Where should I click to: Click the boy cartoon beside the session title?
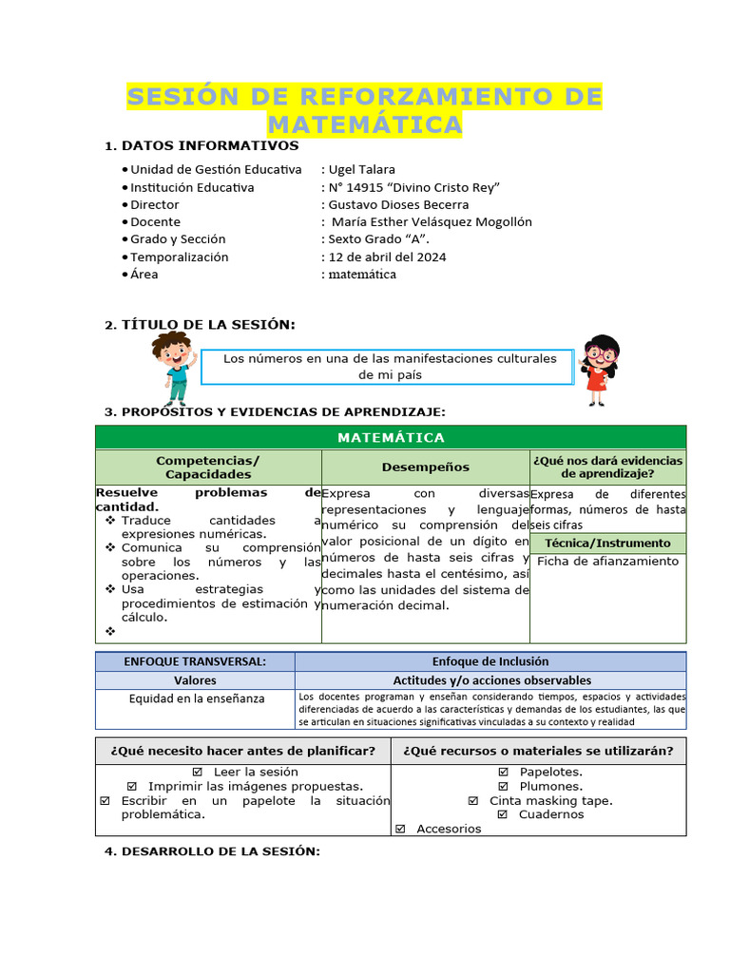(173, 368)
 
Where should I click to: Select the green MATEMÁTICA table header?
(391, 437)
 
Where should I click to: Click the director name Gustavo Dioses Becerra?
(398, 204)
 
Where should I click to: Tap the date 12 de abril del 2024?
(387, 257)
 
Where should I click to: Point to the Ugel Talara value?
(362, 169)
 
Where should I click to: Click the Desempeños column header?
(425, 467)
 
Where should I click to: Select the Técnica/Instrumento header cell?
(607, 544)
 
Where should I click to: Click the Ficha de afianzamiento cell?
(607, 562)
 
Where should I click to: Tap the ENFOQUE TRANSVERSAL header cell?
(195, 661)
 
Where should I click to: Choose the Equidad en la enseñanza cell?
(195, 698)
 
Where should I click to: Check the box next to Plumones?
(504, 787)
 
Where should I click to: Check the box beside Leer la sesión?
(198, 773)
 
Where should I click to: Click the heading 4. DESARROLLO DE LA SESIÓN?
(212, 851)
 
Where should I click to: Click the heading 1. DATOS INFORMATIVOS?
(202, 145)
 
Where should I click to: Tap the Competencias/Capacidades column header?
(208, 467)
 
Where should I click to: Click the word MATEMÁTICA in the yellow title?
(364, 124)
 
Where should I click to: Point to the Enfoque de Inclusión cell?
(490, 661)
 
